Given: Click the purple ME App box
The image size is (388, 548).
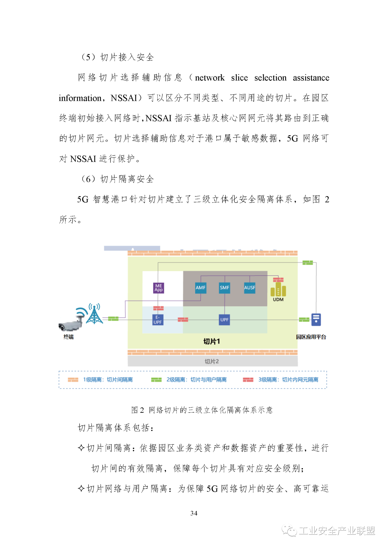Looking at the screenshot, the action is pyautogui.click(x=158, y=288).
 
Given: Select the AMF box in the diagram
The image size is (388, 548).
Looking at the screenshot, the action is pyautogui.click(x=200, y=288).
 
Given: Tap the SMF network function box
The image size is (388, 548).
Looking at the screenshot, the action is pyautogui.click(x=224, y=288).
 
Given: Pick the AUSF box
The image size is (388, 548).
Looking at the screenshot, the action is pyautogui.click(x=250, y=288).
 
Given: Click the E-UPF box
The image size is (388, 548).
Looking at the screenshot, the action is pyautogui.click(x=158, y=320).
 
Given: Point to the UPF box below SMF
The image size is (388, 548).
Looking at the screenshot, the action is pyautogui.click(x=224, y=320).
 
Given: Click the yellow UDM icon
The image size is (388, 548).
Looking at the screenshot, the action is pyautogui.click(x=278, y=289).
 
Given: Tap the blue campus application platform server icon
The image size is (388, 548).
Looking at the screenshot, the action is pyautogui.click(x=316, y=320).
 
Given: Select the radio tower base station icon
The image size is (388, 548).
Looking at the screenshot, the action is pyautogui.click(x=94, y=314).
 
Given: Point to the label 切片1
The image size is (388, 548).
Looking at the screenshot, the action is pyautogui.click(x=212, y=341).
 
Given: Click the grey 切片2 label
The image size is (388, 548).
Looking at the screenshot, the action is pyautogui.click(x=212, y=362).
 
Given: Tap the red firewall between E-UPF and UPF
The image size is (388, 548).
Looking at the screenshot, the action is pyautogui.click(x=183, y=320).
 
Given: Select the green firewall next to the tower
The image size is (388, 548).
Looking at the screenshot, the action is pyautogui.click(x=113, y=318).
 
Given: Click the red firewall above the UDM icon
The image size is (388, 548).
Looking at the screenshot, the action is pyautogui.click(x=278, y=280).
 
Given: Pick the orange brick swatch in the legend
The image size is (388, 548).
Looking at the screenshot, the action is pyautogui.click(x=73, y=379).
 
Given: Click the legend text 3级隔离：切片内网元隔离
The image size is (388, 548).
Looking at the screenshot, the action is pyautogui.click(x=288, y=379).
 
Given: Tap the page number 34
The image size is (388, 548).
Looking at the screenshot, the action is pyautogui.click(x=194, y=513).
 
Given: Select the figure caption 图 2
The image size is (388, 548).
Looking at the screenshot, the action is pyautogui.click(x=138, y=410).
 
